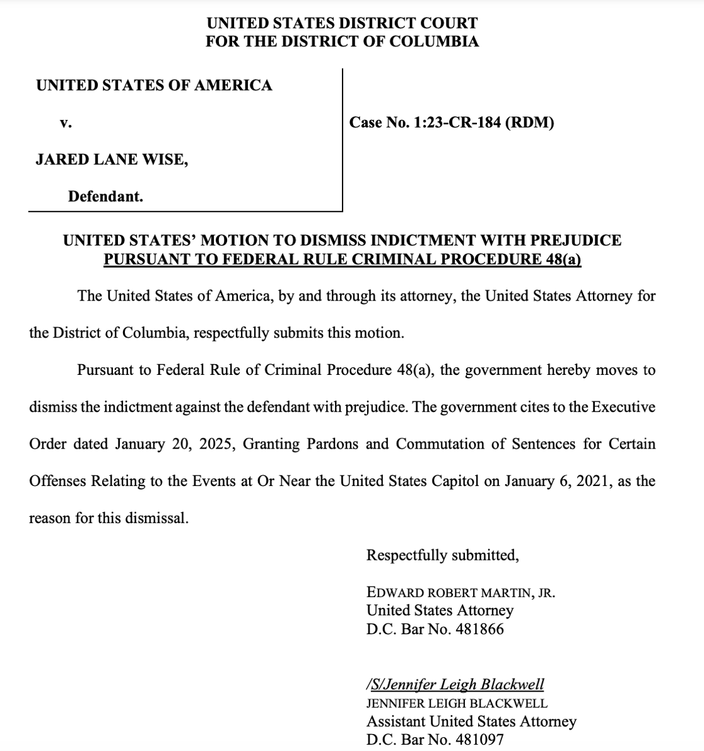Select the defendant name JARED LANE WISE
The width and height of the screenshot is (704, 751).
(x=112, y=160)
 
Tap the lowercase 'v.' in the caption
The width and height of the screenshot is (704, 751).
(x=66, y=123)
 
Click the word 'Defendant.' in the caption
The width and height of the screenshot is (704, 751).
(x=105, y=196)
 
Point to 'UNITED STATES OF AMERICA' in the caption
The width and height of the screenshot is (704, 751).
(x=154, y=86)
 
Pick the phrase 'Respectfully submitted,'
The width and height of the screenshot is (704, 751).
(x=442, y=555)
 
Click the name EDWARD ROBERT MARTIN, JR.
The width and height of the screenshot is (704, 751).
(x=461, y=593)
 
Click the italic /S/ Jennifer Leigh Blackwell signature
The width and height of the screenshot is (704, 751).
(x=455, y=685)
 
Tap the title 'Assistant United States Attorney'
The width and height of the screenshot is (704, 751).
(x=471, y=721)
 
